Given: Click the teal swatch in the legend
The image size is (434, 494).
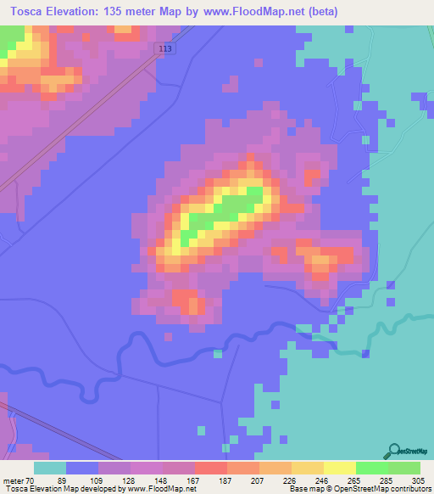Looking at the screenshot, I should click(x=50, y=468).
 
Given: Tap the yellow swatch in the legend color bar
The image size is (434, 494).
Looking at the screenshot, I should click(x=339, y=468).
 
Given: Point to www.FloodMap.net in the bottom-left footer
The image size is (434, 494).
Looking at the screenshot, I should click(x=159, y=489).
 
